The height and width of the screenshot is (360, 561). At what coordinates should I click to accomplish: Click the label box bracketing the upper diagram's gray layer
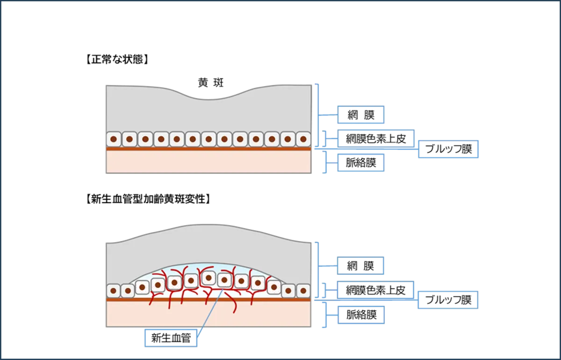tap(360, 114)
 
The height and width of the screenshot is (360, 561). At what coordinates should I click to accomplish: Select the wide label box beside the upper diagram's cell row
tap(376, 138)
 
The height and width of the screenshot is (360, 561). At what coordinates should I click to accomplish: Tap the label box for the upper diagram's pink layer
tap(360, 163)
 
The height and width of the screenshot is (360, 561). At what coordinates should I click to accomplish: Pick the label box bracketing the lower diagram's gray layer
tap(360, 265)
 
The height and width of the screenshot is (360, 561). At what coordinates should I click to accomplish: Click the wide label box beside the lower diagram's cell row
tap(376, 290)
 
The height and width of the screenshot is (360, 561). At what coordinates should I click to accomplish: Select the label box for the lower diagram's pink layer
tap(360, 316)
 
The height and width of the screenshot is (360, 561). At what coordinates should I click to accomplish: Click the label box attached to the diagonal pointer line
tap(171, 338)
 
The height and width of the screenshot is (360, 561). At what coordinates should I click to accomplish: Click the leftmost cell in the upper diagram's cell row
tap(114, 139)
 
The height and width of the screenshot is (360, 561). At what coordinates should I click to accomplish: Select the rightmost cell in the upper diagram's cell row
tap(303, 139)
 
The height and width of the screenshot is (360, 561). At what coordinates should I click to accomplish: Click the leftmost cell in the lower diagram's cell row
tap(114, 291)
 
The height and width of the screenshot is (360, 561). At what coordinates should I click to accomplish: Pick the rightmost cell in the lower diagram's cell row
tap(303, 291)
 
